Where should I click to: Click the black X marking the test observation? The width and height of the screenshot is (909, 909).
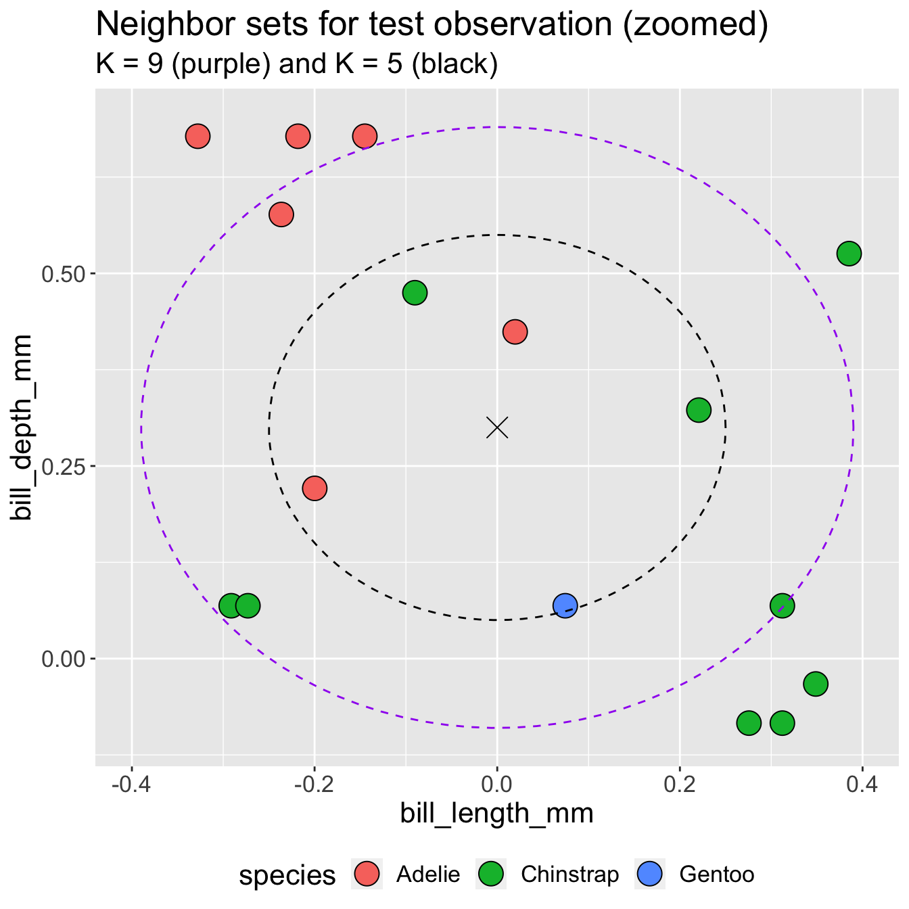click(497, 427)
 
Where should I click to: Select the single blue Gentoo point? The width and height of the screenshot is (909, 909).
click(565, 605)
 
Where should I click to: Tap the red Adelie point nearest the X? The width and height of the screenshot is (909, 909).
click(515, 331)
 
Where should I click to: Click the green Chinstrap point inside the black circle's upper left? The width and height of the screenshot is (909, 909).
click(415, 293)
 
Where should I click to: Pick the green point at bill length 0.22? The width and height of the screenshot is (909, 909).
click(699, 410)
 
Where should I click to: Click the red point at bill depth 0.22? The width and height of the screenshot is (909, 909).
click(314, 488)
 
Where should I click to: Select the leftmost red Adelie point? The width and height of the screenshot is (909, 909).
click(197, 136)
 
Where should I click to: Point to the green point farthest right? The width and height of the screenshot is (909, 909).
click(849, 254)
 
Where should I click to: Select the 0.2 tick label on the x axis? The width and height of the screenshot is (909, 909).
click(680, 786)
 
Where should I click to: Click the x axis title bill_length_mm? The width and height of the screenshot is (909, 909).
click(496, 814)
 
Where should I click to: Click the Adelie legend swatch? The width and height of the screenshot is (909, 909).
click(367, 875)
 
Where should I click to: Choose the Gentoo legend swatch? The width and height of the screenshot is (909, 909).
click(649, 875)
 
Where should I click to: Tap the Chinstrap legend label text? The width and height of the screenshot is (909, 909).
click(569, 875)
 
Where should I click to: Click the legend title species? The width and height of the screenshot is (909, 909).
click(287, 875)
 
